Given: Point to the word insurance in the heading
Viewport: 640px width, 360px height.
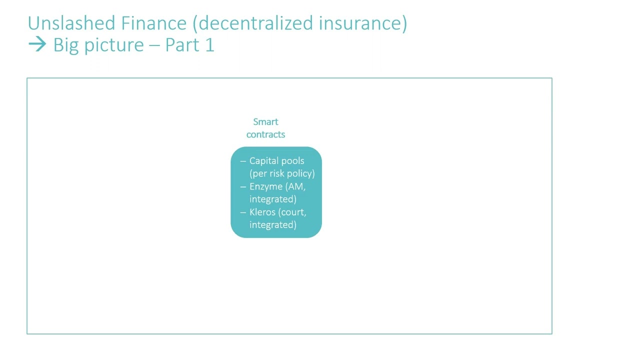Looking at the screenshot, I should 362,23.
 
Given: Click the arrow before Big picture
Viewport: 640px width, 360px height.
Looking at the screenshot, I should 37,45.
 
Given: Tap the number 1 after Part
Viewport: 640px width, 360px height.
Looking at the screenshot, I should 209,45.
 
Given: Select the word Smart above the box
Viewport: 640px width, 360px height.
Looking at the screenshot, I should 265,122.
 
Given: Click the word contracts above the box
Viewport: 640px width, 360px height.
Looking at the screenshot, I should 265,134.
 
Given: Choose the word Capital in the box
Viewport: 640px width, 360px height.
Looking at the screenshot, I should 263,161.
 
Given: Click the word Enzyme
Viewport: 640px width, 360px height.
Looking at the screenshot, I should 266,186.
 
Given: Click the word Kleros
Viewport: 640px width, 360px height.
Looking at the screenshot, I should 262,212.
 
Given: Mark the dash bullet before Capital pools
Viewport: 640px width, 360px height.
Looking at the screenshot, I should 243,161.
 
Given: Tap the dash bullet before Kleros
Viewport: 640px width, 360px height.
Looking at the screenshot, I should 243,212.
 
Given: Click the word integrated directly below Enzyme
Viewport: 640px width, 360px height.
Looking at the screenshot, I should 273,199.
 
